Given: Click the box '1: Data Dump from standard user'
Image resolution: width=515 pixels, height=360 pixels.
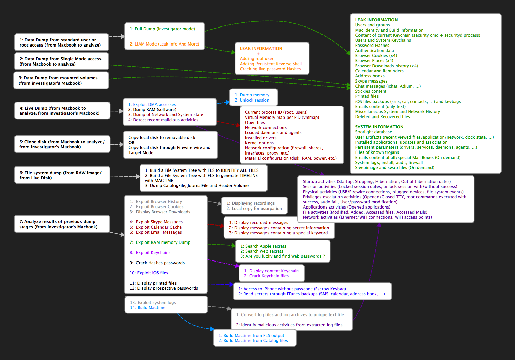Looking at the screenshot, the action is [61, 42].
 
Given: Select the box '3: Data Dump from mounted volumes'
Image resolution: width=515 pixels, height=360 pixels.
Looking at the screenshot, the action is [61, 80].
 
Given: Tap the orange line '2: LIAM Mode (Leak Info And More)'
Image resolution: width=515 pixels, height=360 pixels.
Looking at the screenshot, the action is [164, 44].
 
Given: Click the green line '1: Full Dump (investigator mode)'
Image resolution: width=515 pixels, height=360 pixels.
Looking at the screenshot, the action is [162, 29].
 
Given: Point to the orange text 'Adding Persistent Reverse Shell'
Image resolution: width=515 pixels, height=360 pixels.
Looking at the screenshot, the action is [271, 64].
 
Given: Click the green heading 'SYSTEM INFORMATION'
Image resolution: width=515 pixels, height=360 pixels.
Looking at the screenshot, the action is [379, 127].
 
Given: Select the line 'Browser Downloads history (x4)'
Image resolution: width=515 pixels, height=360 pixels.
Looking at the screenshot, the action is [386, 66].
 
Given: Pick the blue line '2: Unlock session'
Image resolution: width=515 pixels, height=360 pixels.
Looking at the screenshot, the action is [252, 100].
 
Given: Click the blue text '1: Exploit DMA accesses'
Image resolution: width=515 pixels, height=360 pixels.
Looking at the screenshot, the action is [152, 105].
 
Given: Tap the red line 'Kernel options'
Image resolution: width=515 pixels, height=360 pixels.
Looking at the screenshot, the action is [259, 143].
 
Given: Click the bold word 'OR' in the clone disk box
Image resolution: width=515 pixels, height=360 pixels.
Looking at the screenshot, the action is [131, 143].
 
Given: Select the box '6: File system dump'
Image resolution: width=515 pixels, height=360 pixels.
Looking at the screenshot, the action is [62, 175].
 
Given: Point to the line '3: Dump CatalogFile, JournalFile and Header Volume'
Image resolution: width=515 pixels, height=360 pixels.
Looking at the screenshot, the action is [197, 186].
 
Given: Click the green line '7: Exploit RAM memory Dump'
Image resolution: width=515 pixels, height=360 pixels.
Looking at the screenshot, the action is [160, 242].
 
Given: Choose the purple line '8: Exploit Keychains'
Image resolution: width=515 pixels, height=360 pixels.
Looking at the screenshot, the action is [150, 253].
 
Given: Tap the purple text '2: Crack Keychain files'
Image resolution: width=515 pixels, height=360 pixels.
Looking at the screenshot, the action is [266, 276].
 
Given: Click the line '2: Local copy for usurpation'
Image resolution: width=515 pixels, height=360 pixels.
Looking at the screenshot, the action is [254, 209].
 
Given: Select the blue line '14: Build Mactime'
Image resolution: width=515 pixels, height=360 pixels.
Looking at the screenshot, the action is [148, 308].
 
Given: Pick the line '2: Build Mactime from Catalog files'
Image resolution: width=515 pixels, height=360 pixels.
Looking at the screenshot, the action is [253, 341].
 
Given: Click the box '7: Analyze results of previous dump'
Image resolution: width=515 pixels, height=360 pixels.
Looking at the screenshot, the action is [62, 224].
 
